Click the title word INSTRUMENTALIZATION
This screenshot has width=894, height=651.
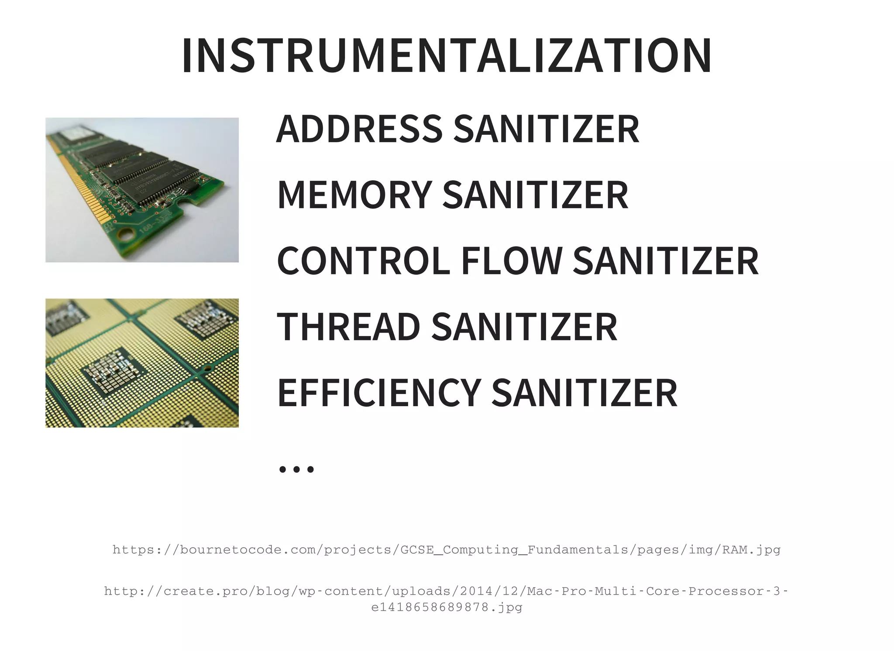(x=447, y=56)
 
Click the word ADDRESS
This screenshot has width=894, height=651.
(x=359, y=129)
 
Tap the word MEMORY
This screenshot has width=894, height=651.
(x=354, y=195)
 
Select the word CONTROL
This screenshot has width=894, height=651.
(x=363, y=261)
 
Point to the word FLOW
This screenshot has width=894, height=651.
(x=512, y=261)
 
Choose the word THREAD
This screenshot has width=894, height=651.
(x=348, y=327)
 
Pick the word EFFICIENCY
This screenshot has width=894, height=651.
(x=378, y=393)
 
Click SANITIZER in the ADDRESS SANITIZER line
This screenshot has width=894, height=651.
(x=547, y=129)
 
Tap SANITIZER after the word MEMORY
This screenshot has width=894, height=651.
(x=536, y=195)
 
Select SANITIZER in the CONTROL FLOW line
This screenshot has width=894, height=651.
(x=666, y=261)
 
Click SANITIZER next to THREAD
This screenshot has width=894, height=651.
(x=524, y=327)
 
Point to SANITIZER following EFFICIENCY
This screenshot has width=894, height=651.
(x=585, y=393)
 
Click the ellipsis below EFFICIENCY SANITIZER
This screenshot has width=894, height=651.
(x=296, y=469)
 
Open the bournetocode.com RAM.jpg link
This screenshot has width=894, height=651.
(x=447, y=550)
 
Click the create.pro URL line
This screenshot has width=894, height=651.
(x=447, y=591)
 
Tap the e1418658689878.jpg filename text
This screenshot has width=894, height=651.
(x=447, y=607)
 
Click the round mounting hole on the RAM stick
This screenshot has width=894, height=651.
(x=127, y=235)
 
